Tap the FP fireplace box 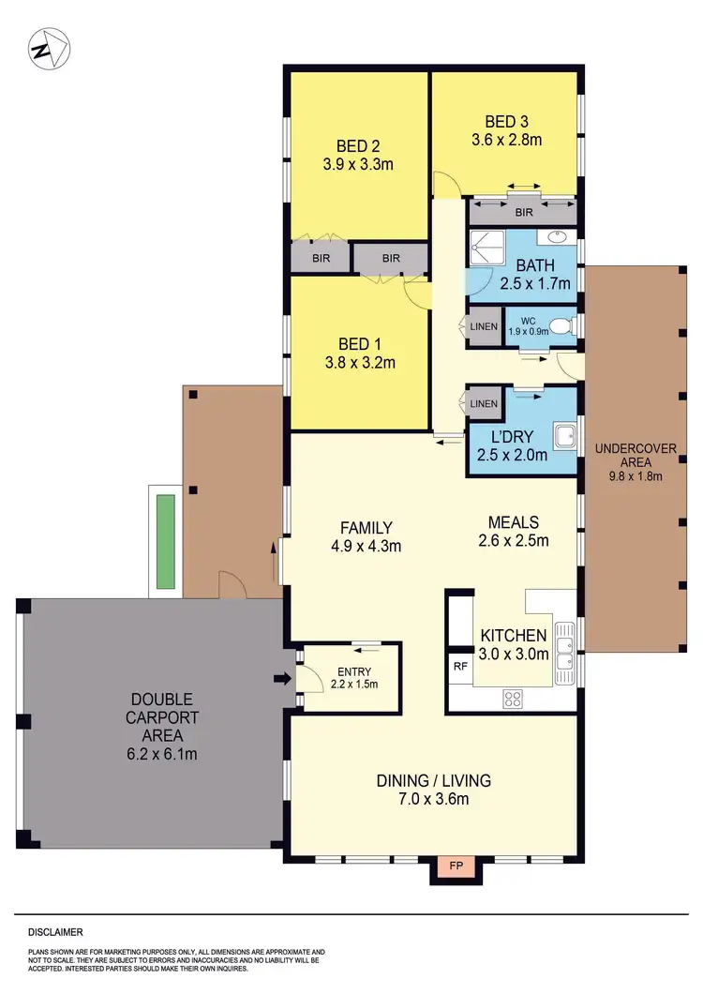pos(454,868)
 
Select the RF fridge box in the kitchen pos(460,667)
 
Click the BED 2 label pos(357,145)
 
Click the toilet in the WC pos(561,326)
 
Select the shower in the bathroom pos(486,248)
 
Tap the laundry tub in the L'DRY pos(564,436)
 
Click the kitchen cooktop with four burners pos(514,697)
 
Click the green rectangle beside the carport pos(166,540)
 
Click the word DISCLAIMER pos(55,932)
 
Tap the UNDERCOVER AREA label pos(636,455)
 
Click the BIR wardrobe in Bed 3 pos(523,212)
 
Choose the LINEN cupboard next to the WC pos(485,327)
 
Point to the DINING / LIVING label pos(433,780)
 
